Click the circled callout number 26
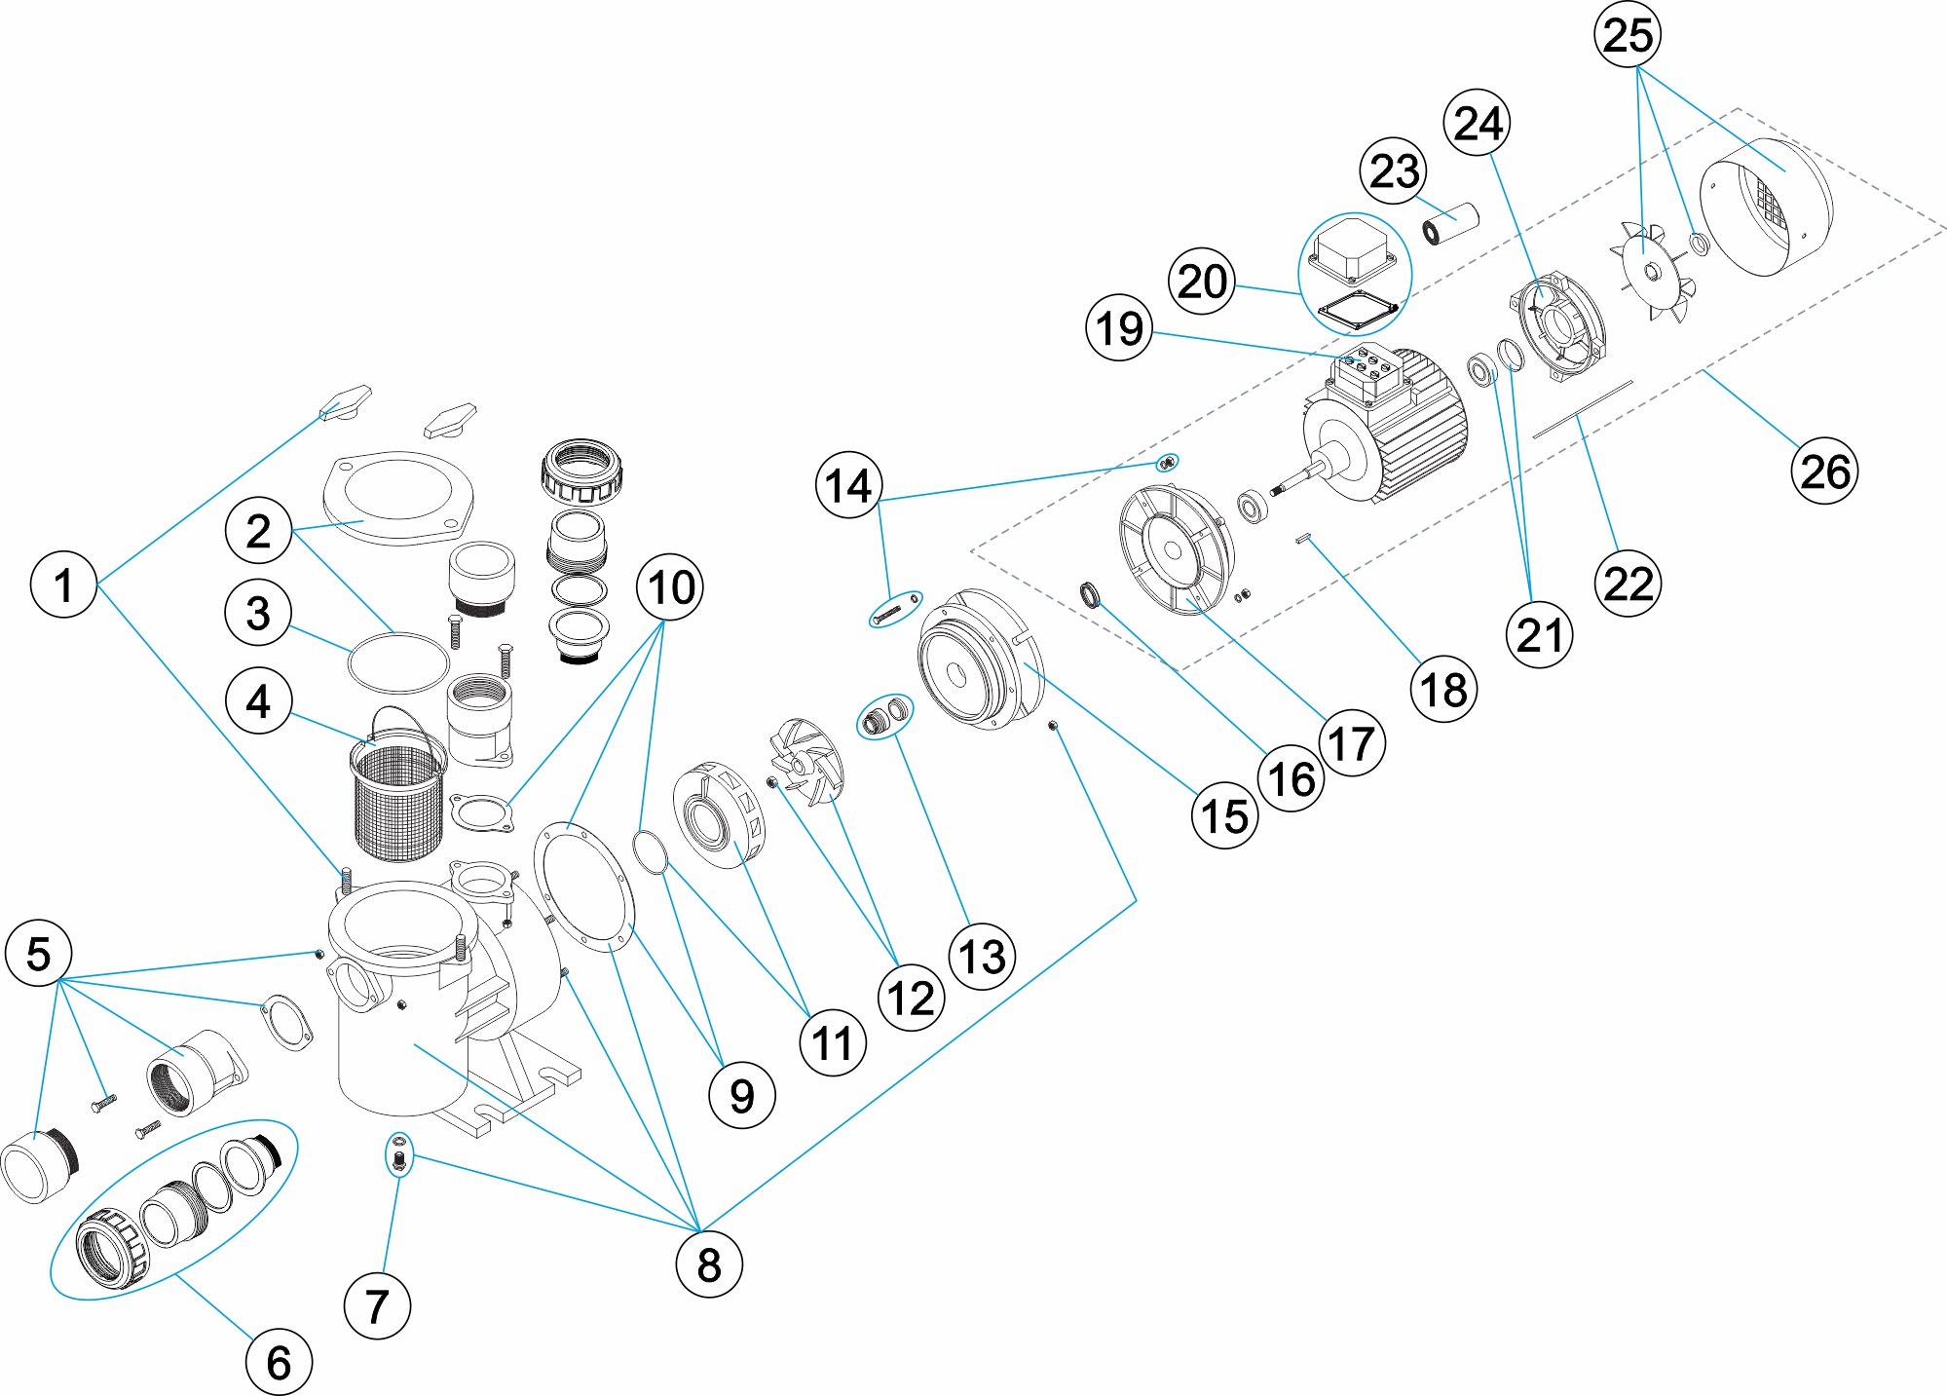[x=1823, y=472]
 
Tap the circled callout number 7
[x=377, y=1305]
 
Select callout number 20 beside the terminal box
[x=1202, y=282]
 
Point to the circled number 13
[x=982, y=957]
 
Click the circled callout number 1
[x=63, y=585]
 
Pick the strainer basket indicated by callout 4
[x=397, y=794]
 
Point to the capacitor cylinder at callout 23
[x=1451, y=224]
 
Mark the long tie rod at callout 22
[x=1582, y=409]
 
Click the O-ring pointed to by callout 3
[x=397, y=662]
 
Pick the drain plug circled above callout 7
[x=398, y=1156]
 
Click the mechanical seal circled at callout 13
[x=883, y=717]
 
